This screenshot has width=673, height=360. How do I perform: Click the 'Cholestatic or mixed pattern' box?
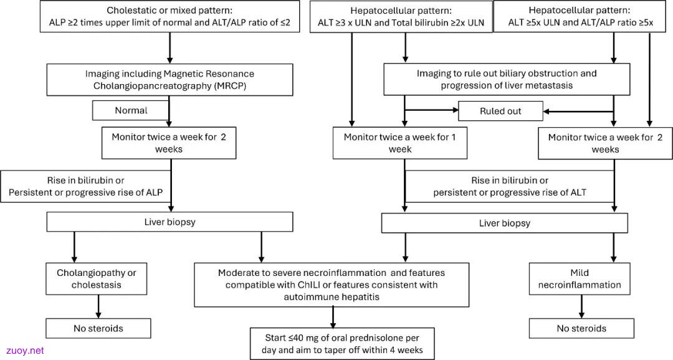click(169, 16)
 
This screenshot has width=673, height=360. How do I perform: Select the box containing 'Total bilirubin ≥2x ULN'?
click(401, 17)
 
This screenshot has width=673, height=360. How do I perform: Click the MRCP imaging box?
click(169, 80)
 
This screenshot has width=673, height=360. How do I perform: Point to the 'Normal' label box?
click(131, 111)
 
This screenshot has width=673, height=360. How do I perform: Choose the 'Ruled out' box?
click(500, 111)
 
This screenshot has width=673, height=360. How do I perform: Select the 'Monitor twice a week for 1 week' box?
click(400, 143)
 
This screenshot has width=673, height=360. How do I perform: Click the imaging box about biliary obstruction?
click(507, 79)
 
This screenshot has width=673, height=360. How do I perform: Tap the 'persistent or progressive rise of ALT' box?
click(510, 186)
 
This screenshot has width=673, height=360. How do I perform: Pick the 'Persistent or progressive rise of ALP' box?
click(86, 186)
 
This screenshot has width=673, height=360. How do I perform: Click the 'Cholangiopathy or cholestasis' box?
click(97, 279)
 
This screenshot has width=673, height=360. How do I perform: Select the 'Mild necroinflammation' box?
click(580, 279)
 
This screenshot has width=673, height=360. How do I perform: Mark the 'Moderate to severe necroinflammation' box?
click(332, 285)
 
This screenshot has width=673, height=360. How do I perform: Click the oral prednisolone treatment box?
click(342, 344)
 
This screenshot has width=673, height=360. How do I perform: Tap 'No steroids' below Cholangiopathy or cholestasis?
click(98, 329)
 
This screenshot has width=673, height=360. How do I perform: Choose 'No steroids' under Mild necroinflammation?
click(581, 329)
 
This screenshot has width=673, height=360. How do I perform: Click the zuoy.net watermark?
click(25, 351)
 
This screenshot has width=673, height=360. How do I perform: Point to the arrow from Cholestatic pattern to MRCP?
click(169, 48)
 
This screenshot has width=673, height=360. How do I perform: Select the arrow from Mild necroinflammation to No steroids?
click(581, 306)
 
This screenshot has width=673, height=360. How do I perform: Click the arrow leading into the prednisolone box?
click(333, 318)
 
